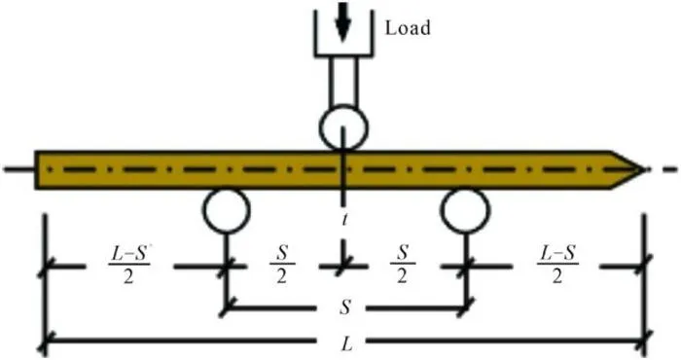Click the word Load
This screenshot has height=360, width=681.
coord(408,28)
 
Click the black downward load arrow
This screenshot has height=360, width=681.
coord(343,21)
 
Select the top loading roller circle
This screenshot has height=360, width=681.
coord(343,127)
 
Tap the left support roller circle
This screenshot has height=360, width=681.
coord(227,210)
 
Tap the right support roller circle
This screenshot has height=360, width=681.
coord(465,210)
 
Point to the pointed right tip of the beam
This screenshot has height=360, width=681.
coord(644,170)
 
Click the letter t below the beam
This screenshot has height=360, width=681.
coord(344,220)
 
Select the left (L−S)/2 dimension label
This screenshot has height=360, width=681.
coord(128,265)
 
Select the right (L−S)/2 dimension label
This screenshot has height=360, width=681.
coord(557,265)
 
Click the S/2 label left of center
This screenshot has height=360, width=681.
coord(282,265)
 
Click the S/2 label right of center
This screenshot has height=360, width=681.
coord(403,265)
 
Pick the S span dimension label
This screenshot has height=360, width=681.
coord(344,307)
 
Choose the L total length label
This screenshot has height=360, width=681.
coord(346,344)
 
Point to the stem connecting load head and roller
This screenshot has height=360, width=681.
coord(343,82)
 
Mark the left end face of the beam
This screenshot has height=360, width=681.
coord(36,170)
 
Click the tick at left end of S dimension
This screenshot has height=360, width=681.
coord(227,307)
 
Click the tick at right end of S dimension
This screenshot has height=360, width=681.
coord(466,307)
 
